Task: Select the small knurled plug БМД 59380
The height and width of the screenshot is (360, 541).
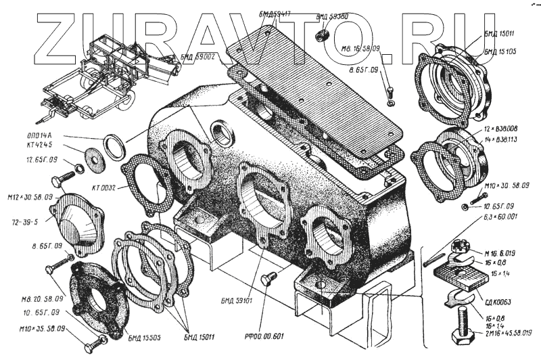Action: (325, 35)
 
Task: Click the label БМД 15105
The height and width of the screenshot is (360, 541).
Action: (500, 51)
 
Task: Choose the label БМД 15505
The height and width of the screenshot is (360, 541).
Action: (143, 336)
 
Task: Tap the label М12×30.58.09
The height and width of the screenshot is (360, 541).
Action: (27, 197)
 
